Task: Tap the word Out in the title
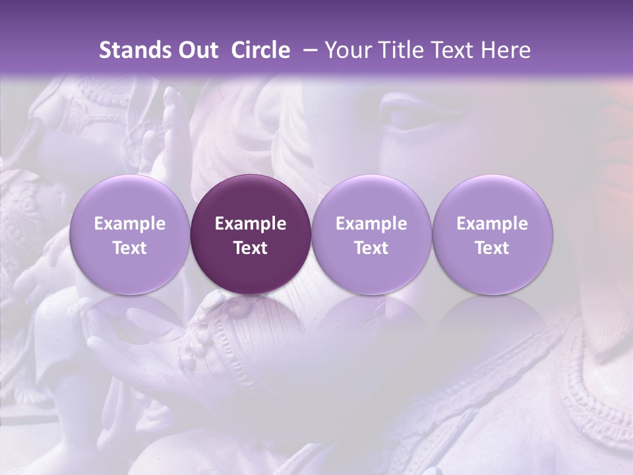pos(196,50)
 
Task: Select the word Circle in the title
pos(260,50)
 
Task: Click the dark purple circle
pos(251,234)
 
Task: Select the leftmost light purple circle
pos(130,234)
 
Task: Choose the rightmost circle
pos(493,234)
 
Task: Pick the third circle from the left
pos(371,234)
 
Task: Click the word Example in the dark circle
pos(251,224)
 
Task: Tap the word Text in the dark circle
pos(251,248)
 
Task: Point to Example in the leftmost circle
pos(130,224)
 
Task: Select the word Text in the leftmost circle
pos(130,248)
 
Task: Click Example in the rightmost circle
pos(493,224)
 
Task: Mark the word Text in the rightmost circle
pos(493,248)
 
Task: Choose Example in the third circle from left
pos(371,224)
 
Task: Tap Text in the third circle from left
pos(371,248)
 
